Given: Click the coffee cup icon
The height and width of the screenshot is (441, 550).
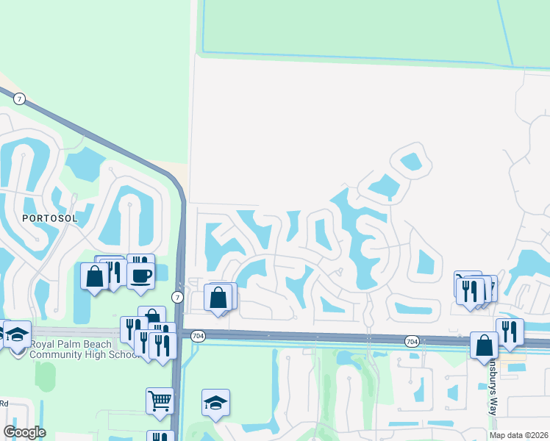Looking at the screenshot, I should pos(140,276).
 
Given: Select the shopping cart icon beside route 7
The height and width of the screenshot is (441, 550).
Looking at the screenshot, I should pos(159,401).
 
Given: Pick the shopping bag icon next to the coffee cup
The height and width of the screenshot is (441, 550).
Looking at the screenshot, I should pos(94,276).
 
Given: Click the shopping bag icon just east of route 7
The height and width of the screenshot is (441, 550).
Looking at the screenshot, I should pos(218,298).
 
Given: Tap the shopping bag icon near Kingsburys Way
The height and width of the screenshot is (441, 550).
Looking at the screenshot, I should pos(485,345).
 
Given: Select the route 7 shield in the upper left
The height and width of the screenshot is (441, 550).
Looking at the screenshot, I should pos(20,98).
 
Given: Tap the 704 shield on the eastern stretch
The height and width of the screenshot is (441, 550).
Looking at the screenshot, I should pos(412,341).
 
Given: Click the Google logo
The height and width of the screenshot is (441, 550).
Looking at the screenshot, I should pos(24,431).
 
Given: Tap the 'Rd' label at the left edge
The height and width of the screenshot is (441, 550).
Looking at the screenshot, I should pos(4,403).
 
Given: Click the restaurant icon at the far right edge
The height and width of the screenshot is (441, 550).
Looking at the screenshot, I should pos(509,331).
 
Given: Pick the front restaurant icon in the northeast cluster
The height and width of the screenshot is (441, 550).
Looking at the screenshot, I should pos(469,290).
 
